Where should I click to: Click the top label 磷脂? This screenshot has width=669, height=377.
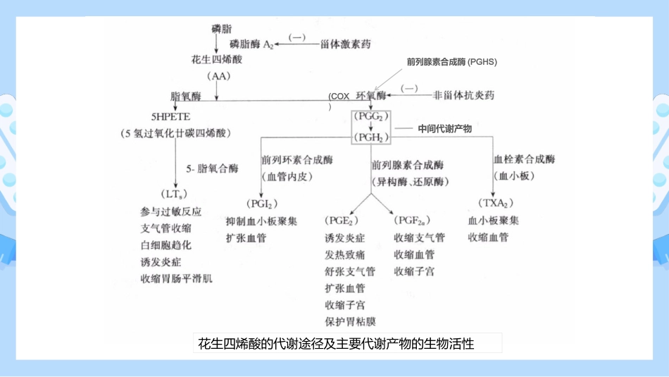tap(221, 28)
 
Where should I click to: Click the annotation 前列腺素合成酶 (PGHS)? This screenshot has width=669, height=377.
tap(451, 62)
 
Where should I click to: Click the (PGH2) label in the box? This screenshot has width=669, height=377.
tap(370, 137)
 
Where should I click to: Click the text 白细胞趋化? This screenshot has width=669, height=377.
tap(165, 245)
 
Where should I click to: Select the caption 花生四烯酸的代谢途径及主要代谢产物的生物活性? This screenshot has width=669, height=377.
tap(336, 344)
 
